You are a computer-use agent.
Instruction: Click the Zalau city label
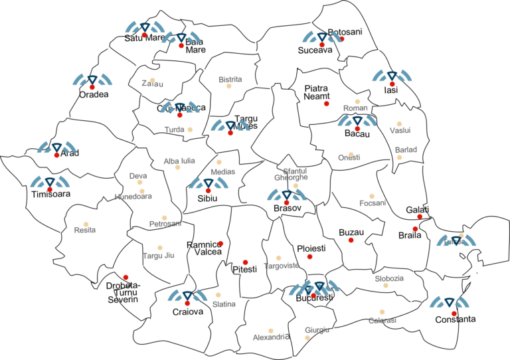[x=152, y=84]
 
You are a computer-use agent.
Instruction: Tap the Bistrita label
[x=230, y=80]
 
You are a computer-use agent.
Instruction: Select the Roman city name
[x=355, y=108]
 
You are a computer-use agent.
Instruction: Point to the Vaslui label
[x=400, y=130]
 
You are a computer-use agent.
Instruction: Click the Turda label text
[x=174, y=130]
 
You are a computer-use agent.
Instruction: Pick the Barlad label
[x=406, y=150]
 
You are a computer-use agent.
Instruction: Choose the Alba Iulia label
[x=179, y=161]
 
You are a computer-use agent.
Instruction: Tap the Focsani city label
[x=373, y=203]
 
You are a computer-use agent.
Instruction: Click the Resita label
[x=85, y=230]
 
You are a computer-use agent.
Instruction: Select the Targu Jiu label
[x=158, y=256]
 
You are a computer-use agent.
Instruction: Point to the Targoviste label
[x=281, y=266]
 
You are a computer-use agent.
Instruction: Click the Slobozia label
[x=388, y=278]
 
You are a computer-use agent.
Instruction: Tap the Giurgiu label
[x=317, y=330]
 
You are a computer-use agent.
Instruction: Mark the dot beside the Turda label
[x=190, y=130]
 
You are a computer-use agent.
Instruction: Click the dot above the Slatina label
[x=218, y=295]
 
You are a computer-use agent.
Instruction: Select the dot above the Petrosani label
[x=164, y=218]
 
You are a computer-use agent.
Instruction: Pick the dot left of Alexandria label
[x=270, y=331]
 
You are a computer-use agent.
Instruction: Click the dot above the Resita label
[x=86, y=224]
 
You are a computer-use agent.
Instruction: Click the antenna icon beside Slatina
[x=187, y=296]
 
